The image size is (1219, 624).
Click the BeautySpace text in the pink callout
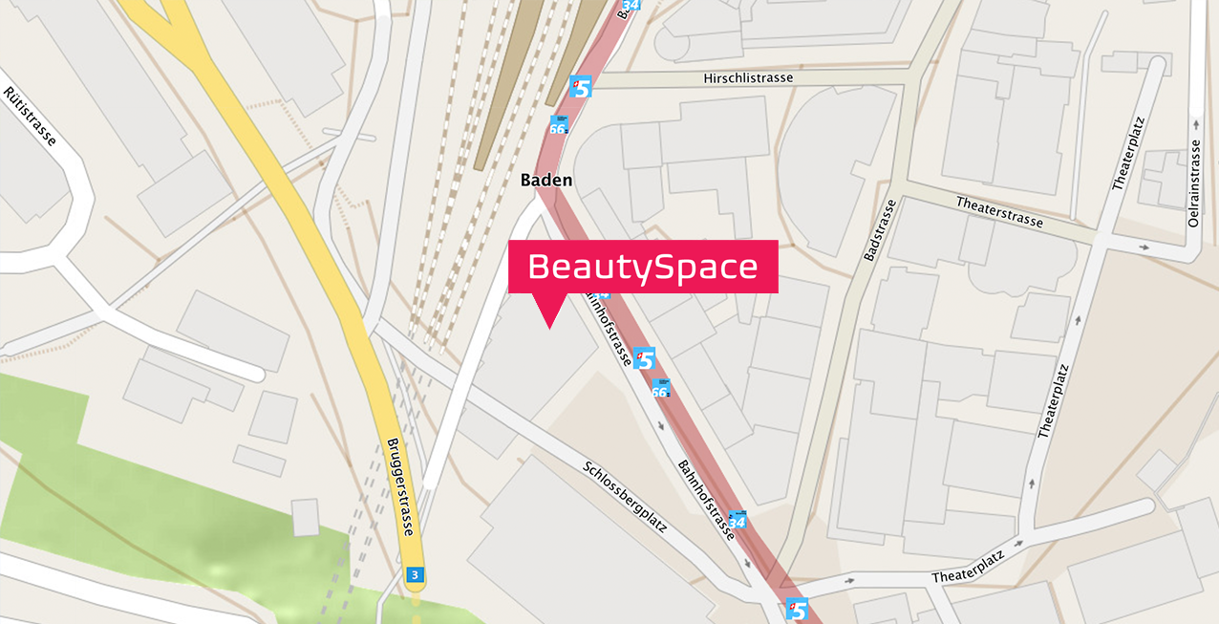click(642, 267)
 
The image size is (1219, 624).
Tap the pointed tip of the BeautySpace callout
click(549, 326)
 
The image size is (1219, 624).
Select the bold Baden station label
click(546, 180)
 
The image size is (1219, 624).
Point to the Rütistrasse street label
click(30, 116)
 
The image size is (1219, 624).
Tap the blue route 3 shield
click(414, 574)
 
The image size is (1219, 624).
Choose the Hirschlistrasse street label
click(747, 78)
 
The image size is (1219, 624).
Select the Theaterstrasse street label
click(999, 211)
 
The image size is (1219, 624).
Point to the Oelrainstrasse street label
click(1193, 183)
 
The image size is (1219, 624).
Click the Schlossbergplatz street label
click(624, 496)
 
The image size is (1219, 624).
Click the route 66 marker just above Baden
click(559, 125)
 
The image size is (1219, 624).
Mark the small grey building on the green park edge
click(306, 517)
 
